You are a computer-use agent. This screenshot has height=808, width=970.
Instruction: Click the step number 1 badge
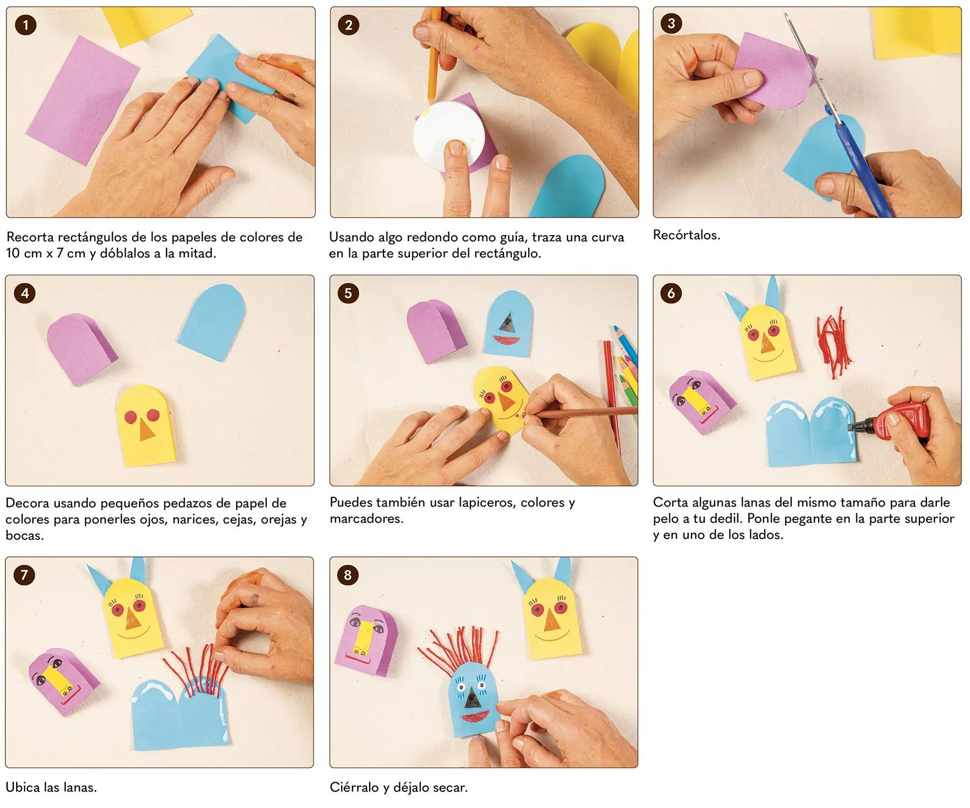point(25,25)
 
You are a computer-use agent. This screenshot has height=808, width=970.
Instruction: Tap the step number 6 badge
point(671,293)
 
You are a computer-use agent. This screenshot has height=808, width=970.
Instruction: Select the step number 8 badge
point(348,575)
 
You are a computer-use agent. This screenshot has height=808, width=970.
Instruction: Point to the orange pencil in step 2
point(434,54)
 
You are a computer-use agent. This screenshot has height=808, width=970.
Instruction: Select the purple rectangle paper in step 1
point(83,100)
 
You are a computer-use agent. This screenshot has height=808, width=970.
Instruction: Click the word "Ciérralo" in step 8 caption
point(354,788)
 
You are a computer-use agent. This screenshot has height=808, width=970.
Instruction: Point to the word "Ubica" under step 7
point(23,788)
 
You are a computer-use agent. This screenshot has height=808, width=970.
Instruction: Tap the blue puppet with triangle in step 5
point(509,323)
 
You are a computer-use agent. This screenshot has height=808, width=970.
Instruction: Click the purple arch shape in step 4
point(81,348)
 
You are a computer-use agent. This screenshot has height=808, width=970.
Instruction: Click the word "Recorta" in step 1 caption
point(30,237)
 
